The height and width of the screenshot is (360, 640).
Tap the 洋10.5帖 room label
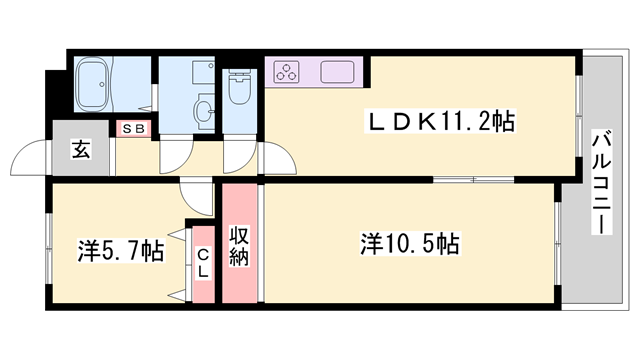point(409,243)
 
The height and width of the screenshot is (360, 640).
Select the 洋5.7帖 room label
point(120,250)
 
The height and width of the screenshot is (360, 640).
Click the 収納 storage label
point(240,245)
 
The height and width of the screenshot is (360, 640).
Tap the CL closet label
point(202,263)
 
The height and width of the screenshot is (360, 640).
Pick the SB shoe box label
point(133,129)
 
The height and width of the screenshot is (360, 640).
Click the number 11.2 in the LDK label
point(461,123)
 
